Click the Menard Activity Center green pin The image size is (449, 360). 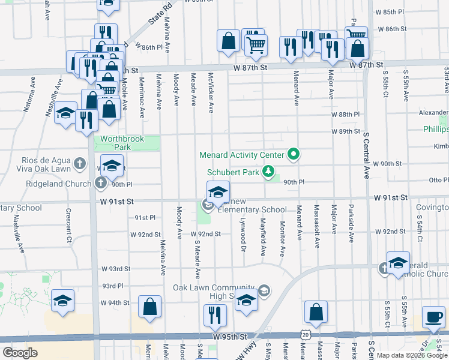coord(294,155)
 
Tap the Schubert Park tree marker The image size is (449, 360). coord(269,172)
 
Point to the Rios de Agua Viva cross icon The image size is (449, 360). coord(80,163)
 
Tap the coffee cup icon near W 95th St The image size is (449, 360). coord(433,316)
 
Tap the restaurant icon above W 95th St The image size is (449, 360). coord(214,314)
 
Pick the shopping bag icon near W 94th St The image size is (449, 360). coord(150,307)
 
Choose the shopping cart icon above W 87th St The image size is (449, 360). coord(256,44)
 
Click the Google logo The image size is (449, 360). coord(20,353)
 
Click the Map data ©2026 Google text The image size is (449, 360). coord(412,355)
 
